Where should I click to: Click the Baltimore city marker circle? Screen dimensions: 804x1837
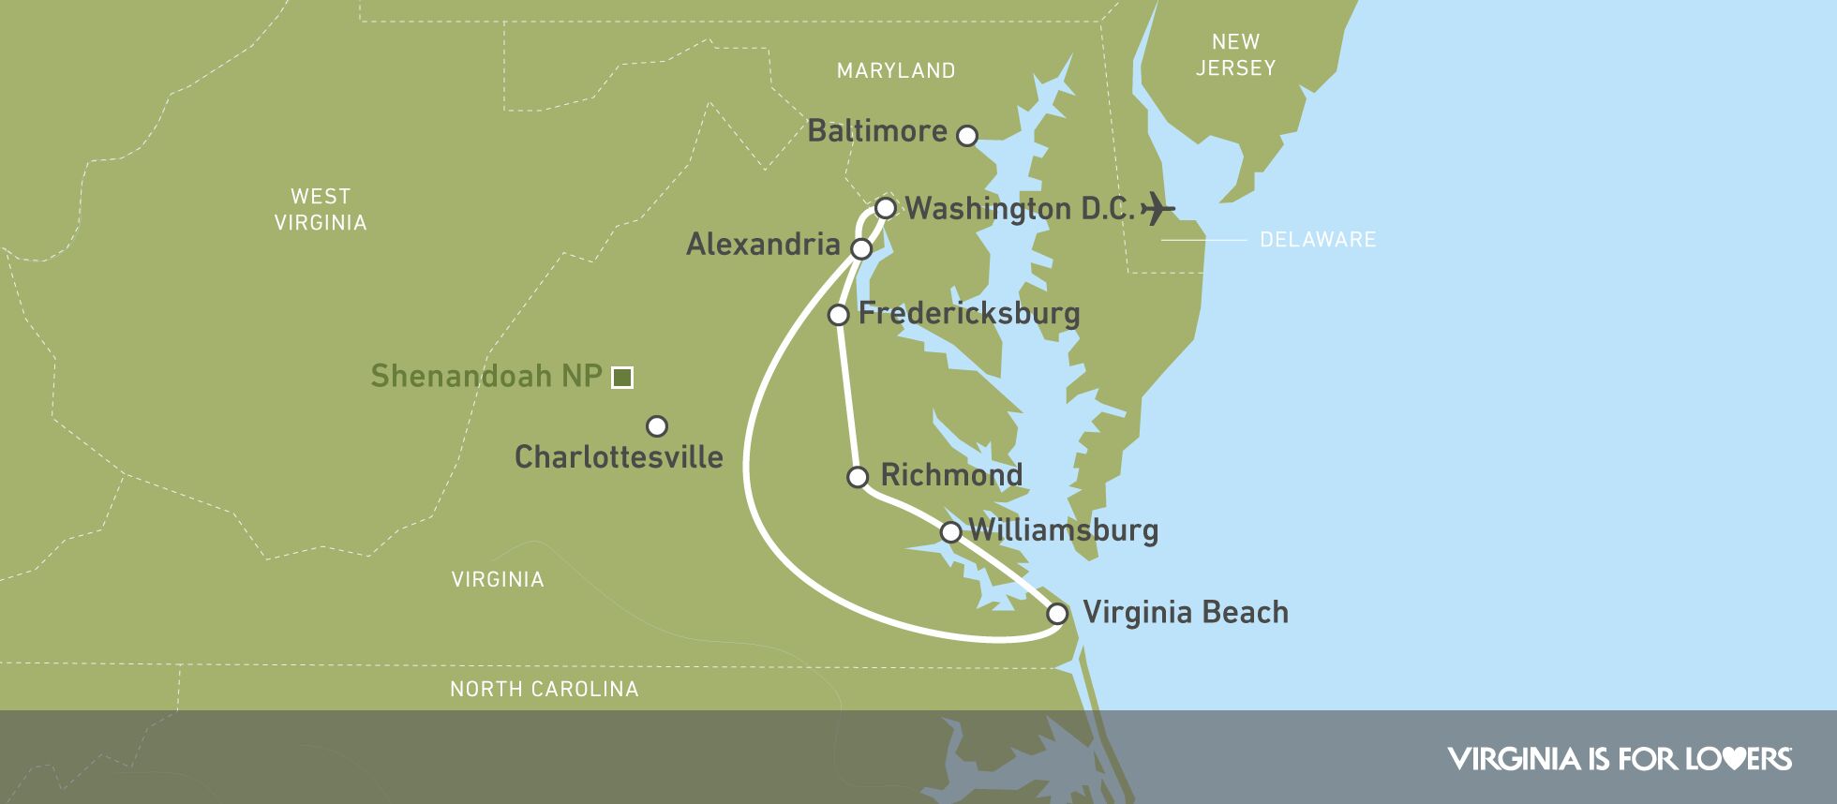pyautogui.click(x=966, y=136)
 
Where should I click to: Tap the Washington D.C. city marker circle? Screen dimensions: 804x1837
pyautogui.click(x=885, y=207)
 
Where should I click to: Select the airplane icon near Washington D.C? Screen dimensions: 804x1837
pyautogui.click(x=1158, y=208)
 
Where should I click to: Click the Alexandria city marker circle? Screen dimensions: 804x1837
pyautogui.click(x=860, y=248)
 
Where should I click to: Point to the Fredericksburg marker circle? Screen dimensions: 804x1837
pyautogui.click(x=839, y=314)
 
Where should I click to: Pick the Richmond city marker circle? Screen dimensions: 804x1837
pyautogui.click(x=858, y=477)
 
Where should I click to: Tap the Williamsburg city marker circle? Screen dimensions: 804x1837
pyautogui.click(x=950, y=532)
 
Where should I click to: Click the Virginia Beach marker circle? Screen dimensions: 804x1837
pyautogui.click(x=1057, y=614)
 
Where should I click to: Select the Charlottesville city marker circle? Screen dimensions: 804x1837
pyautogui.click(x=657, y=426)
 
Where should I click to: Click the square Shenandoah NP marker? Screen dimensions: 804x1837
pyautogui.click(x=621, y=378)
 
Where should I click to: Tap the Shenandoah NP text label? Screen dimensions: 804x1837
pyautogui.click(x=486, y=376)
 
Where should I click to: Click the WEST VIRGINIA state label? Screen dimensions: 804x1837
pyautogui.click(x=321, y=210)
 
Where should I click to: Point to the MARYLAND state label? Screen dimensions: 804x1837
pyautogui.click(x=896, y=70)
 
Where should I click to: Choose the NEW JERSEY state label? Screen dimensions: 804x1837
pyautogui.click(x=1235, y=54)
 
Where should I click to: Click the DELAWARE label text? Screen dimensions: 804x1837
pyautogui.click(x=1318, y=240)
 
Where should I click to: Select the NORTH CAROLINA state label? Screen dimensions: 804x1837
pyautogui.click(x=544, y=690)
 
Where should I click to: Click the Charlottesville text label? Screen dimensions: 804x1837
pyautogui.click(x=619, y=457)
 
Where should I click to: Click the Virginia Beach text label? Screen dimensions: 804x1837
pyautogui.click(x=1185, y=613)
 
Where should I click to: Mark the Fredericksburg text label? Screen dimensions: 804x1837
pyautogui.click(x=969, y=313)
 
